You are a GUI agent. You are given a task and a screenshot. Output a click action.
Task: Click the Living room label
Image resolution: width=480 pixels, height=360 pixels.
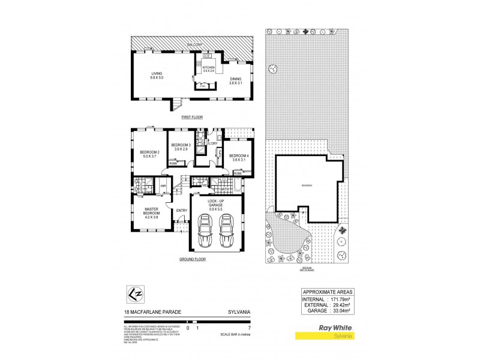click(x=157, y=74)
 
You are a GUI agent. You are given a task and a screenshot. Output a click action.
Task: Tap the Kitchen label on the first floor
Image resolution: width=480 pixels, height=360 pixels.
click(x=208, y=67)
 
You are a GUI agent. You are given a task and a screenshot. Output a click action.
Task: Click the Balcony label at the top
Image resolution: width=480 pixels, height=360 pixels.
click(x=194, y=44)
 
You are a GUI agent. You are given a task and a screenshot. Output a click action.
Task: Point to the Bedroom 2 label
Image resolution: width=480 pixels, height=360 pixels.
click(x=150, y=152)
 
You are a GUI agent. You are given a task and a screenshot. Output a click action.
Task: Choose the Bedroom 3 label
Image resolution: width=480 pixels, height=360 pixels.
click(x=181, y=146)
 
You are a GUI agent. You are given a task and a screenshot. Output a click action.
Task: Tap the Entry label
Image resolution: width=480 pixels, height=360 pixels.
click(x=182, y=210)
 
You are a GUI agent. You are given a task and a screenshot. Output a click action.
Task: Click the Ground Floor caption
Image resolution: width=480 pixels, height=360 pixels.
click(x=192, y=259)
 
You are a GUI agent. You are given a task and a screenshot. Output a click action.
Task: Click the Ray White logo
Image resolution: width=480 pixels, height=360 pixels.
click(x=328, y=329)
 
